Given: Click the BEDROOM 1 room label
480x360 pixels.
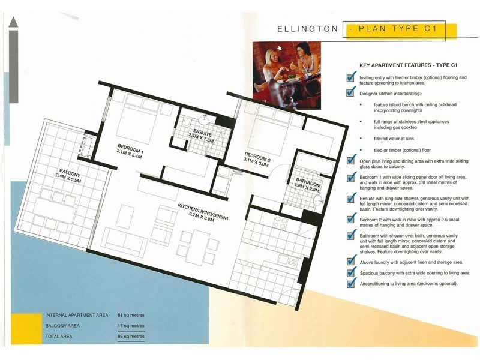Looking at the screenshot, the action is (131, 148).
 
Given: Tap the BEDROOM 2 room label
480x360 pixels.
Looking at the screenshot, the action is (258, 156).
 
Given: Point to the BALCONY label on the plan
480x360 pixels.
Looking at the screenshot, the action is (70, 173).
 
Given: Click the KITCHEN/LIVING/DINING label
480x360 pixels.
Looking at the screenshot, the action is (203, 211).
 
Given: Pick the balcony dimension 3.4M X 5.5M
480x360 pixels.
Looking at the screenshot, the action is (68, 178).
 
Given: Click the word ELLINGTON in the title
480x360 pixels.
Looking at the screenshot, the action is (308, 29).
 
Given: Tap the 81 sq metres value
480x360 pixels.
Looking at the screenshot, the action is (131, 315).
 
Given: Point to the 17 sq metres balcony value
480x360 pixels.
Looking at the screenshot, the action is (131, 326).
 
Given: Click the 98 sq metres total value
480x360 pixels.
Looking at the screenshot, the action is (131, 337).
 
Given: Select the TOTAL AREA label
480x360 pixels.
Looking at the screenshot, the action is (59, 337).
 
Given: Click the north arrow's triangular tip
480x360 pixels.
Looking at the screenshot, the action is (13, 17).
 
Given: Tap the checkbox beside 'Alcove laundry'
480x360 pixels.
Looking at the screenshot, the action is (351, 261).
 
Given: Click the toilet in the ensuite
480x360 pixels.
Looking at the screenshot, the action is (187, 123).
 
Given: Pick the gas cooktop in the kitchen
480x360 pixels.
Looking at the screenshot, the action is (280, 223).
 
